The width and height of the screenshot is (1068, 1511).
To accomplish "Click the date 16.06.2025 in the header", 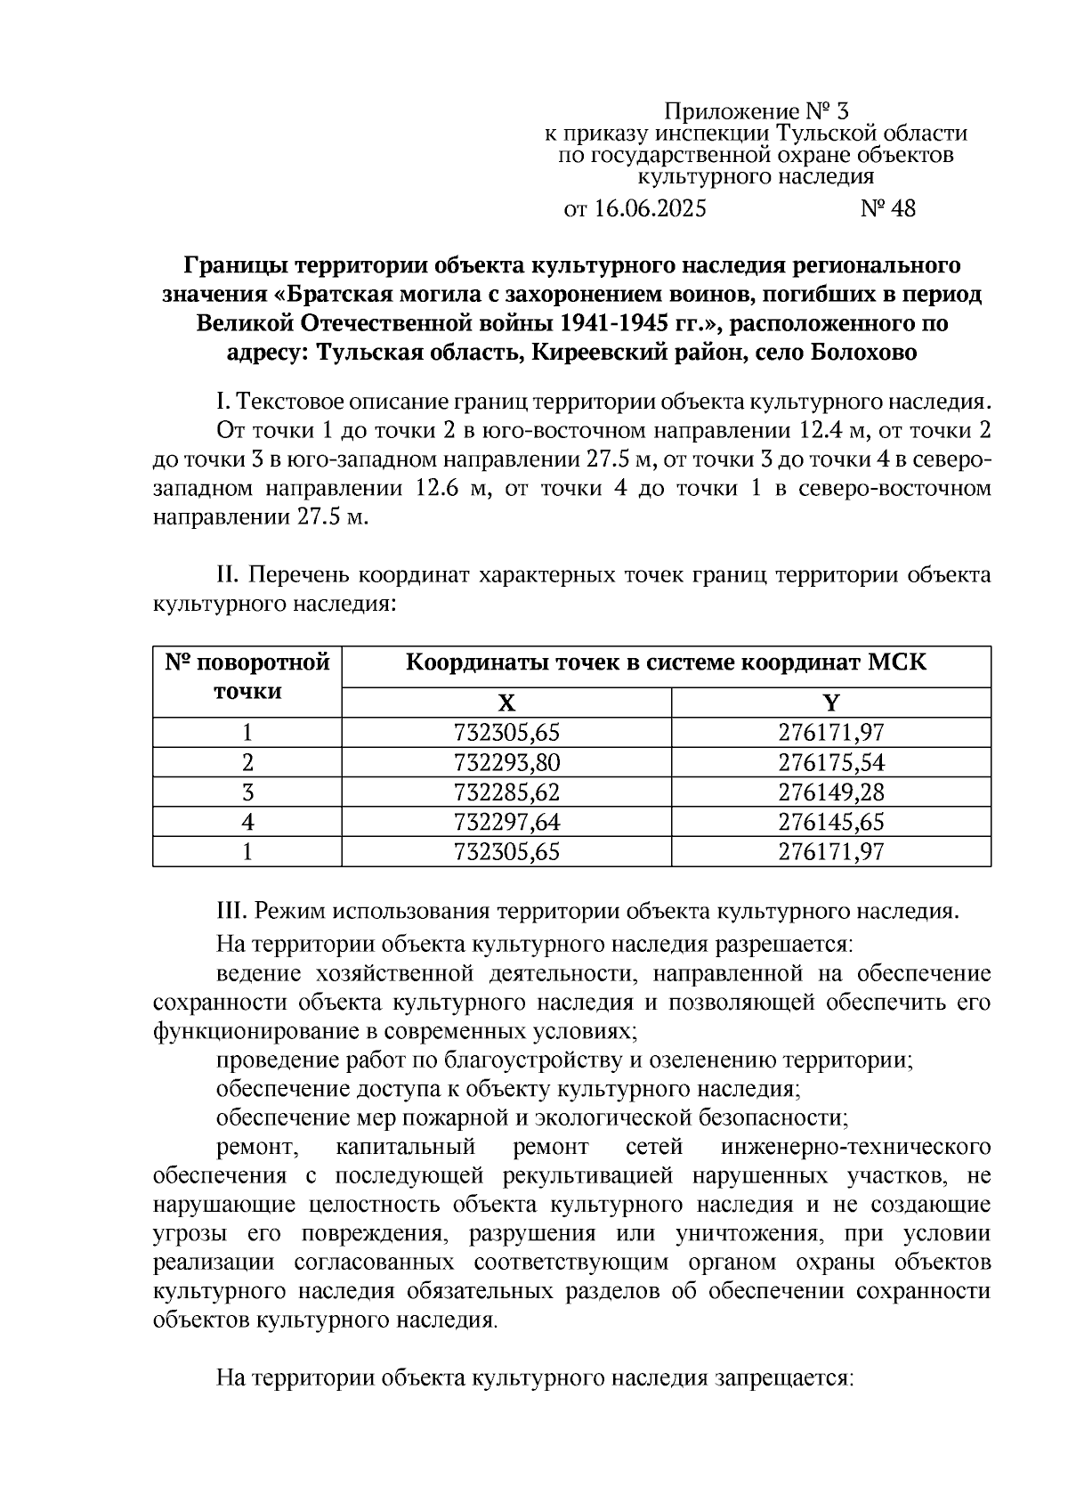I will point(649,209).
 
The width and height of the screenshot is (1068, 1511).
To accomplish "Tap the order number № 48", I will point(887,209).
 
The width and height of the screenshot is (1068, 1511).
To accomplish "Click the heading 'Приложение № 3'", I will point(756,112).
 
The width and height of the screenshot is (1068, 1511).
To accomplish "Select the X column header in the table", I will point(506,703).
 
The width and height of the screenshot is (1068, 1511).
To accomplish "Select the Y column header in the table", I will point(830,703).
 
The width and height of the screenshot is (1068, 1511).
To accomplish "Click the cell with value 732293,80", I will point(506,763).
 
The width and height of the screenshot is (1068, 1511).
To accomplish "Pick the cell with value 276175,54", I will point(830,763).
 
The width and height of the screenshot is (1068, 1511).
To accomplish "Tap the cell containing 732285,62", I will point(506,792).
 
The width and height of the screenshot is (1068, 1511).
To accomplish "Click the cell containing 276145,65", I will point(830,822).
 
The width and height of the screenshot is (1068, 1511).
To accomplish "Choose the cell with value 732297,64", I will point(506,822).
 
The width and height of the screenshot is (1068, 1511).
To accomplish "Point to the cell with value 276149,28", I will point(830,792).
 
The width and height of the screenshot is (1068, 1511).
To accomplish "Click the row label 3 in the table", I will point(247,792).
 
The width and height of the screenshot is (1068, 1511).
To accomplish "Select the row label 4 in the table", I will point(247,822).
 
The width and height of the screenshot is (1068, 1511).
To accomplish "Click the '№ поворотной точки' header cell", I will point(247,678).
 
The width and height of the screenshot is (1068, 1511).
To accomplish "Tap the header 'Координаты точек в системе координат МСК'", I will point(666,663).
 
